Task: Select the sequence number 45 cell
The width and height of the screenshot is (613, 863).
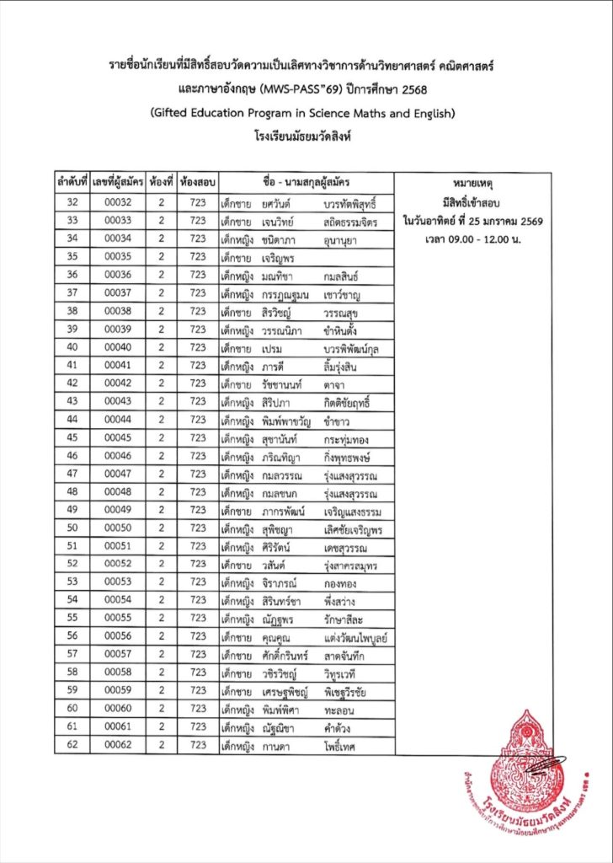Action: [x=72, y=437]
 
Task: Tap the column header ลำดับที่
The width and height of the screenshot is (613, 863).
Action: [x=72, y=183]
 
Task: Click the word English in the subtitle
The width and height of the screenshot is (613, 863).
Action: [x=430, y=111]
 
